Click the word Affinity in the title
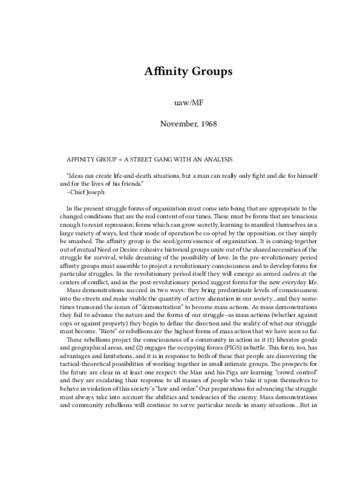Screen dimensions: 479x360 coord(163,72)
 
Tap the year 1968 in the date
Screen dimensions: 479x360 coord(208,123)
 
